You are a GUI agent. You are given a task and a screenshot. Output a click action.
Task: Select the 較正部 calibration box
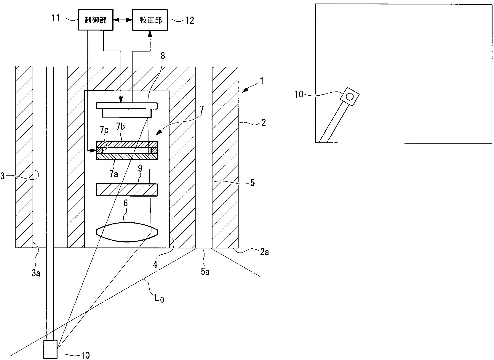[x=150, y=20]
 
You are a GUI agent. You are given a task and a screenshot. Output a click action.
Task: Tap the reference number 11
[x=56, y=19]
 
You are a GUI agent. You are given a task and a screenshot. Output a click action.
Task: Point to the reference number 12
[x=189, y=20]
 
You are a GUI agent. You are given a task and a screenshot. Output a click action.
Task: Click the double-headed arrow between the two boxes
[x=123, y=20]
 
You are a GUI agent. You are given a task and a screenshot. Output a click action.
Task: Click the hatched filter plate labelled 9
[x=127, y=190]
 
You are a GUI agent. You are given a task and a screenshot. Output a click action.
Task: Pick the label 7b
[x=121, y=127]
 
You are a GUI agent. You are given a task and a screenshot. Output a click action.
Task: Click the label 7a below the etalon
[x=113, y=174]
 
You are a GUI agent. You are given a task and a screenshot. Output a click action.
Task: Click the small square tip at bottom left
[x=50, y=349]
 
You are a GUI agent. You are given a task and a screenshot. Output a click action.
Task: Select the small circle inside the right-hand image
[x=350, y=97]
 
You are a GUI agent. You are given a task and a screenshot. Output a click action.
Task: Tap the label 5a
[x=205, y=271]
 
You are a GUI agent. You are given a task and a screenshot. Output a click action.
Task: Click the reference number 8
[x=162, y=56]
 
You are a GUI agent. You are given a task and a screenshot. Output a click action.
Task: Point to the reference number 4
[x=155, y=264]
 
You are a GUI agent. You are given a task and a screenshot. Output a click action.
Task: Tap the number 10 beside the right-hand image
[x=299, y=95]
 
